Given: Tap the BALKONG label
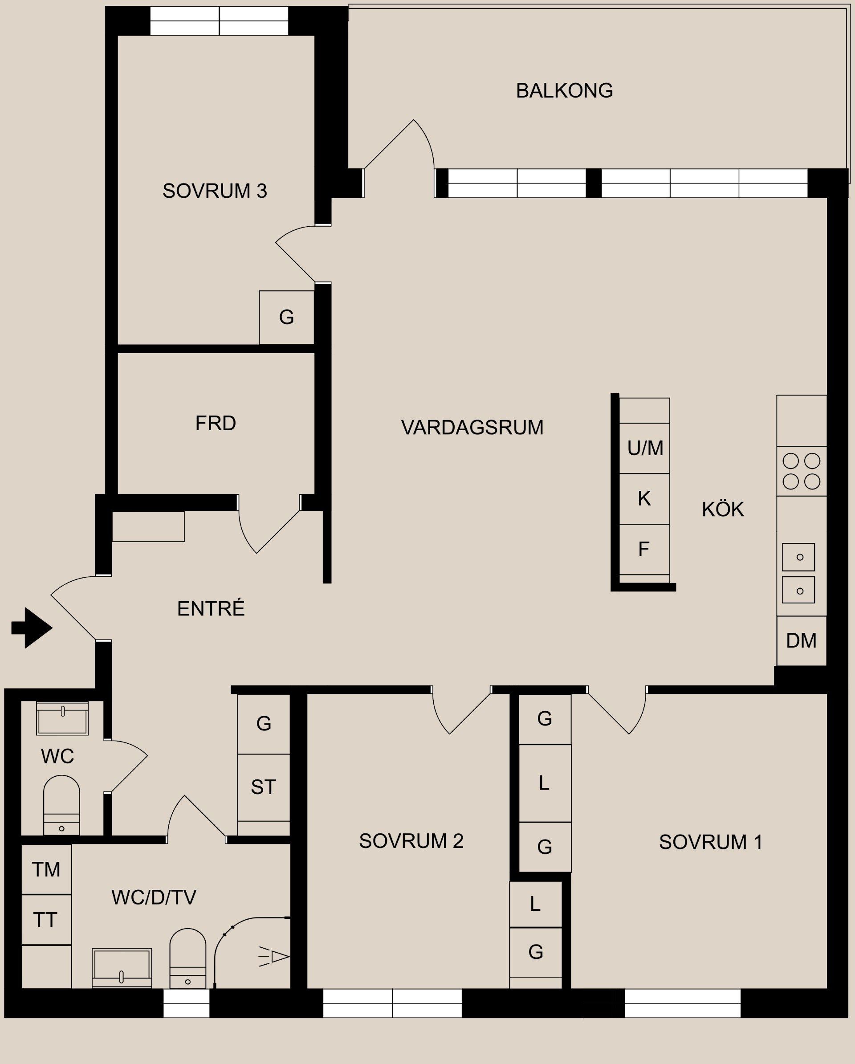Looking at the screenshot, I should [564, 91].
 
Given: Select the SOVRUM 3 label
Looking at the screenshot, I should [215, 191].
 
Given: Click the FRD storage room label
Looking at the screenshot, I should [215, 424].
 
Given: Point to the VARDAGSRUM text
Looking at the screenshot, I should [472, 428].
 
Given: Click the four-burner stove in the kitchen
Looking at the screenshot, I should [801, 471].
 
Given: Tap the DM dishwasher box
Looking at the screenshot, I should [801, 640].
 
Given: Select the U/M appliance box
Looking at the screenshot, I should [644, 448].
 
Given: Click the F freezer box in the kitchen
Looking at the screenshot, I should [644, 549].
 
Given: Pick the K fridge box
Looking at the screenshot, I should [644, 499].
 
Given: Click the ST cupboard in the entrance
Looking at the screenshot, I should [264, 787].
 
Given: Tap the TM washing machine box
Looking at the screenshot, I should [46, 869].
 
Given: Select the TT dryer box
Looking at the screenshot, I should [46, 920].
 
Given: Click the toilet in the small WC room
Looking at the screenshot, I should [61, 805].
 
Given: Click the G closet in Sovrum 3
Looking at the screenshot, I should [287, 317].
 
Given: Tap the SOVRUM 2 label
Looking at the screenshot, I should [411, 841].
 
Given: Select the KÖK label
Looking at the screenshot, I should [723, 510].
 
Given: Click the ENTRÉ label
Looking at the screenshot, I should [211, 609].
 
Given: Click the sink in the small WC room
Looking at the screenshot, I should [62, 719].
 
